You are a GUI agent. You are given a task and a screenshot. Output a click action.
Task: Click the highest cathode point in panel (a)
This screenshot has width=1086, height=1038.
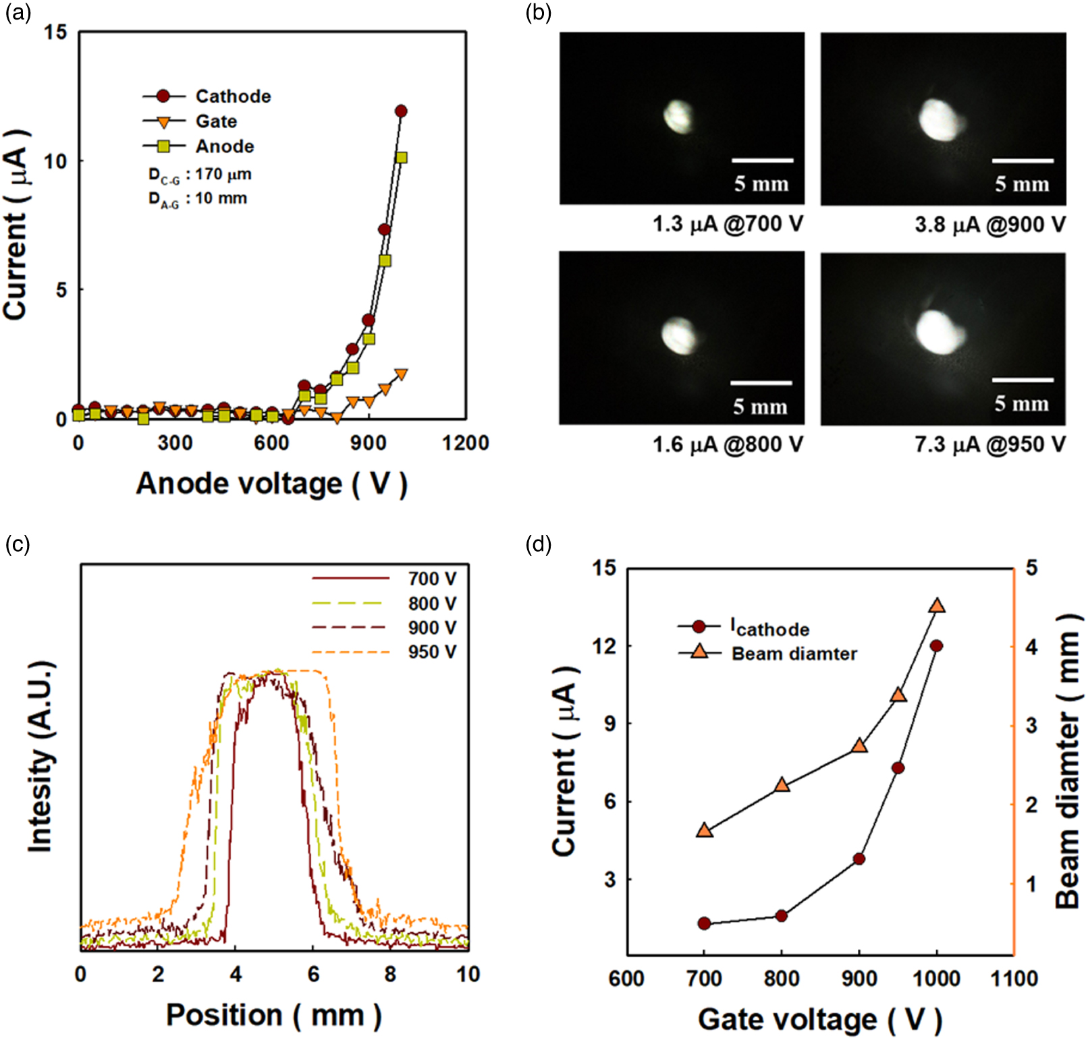tap(401, 111)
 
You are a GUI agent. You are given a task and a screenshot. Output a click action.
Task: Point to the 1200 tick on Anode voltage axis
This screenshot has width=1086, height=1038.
tap(465, 443)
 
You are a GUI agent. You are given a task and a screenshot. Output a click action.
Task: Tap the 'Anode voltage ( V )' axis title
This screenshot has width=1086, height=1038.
tap(271, 484)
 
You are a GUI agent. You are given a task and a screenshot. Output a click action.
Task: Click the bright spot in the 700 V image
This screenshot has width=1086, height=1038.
tap(678, 116)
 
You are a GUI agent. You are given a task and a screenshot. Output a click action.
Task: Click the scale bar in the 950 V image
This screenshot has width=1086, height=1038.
tap(1022, 380)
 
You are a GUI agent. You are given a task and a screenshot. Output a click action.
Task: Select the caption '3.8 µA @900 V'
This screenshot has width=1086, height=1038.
tap(990, 225)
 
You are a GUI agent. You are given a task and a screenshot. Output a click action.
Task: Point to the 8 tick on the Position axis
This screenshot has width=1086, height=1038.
tap(391, 975)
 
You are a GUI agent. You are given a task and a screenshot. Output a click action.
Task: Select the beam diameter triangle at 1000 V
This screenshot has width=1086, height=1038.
tap(937, 606)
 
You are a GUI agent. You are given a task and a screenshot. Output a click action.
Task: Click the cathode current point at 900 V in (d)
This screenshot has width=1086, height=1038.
tap(859, 859)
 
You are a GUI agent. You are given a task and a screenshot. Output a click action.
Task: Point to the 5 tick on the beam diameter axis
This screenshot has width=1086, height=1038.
tap(1031, 568)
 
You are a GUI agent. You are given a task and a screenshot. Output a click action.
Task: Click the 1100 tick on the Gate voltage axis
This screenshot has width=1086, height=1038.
tap(1014, 979)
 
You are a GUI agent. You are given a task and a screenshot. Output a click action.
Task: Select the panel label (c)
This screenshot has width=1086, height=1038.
tap(18, 544)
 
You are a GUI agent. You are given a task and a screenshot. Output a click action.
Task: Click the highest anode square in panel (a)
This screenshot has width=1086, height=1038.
tap(402, 158)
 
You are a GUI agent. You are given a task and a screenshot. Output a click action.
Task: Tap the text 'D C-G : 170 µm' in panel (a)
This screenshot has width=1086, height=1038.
tap(200, 175)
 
